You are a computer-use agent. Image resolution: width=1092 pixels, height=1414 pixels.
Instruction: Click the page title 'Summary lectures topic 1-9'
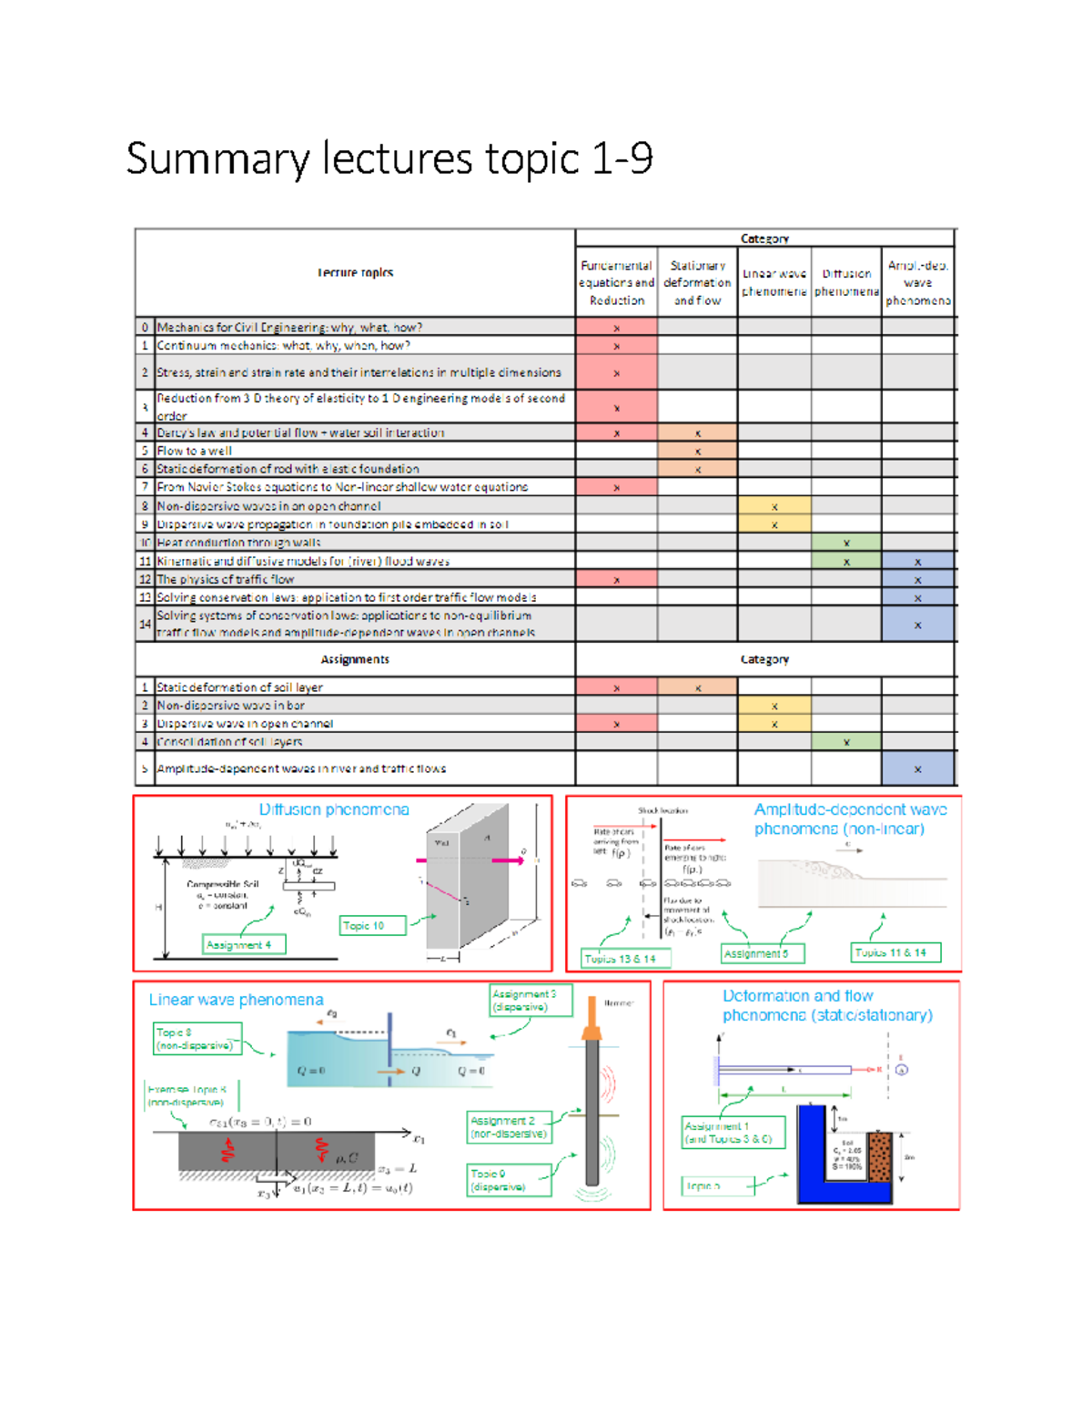(389, 158)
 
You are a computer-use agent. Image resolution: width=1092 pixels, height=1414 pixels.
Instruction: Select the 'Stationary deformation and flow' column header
(697, 282)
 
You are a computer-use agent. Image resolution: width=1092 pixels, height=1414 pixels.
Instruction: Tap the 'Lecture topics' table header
(355, 272)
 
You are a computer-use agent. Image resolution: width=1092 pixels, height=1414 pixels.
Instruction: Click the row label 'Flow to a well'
(195, 451)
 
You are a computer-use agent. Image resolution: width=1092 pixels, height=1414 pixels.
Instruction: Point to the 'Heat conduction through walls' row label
(238, 543)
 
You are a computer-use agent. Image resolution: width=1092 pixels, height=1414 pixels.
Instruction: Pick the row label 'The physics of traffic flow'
(226, 579)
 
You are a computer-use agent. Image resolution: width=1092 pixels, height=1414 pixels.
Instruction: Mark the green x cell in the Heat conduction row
(846, 543)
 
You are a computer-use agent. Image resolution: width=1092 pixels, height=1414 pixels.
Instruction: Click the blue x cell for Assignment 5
(917, 768)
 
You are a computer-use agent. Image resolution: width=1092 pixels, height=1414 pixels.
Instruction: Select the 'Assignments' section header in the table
(355, 659)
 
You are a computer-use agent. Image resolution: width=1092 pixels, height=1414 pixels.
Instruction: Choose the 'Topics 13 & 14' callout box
(626, 959)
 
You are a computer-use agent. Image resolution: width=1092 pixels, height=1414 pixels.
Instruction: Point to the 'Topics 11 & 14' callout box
(895, 952)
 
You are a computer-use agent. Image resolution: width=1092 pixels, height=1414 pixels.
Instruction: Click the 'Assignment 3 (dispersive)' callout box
(531, 1001)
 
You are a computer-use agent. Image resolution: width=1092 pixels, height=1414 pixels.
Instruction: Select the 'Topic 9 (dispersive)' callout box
(510, 1180)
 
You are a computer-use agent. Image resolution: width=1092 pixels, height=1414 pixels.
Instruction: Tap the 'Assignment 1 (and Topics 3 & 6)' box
(733, 1133)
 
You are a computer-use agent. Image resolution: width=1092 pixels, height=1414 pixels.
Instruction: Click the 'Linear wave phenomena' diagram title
(236, 1000)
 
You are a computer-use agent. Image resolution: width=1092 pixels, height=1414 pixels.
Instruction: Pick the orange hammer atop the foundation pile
(591, 1028)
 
